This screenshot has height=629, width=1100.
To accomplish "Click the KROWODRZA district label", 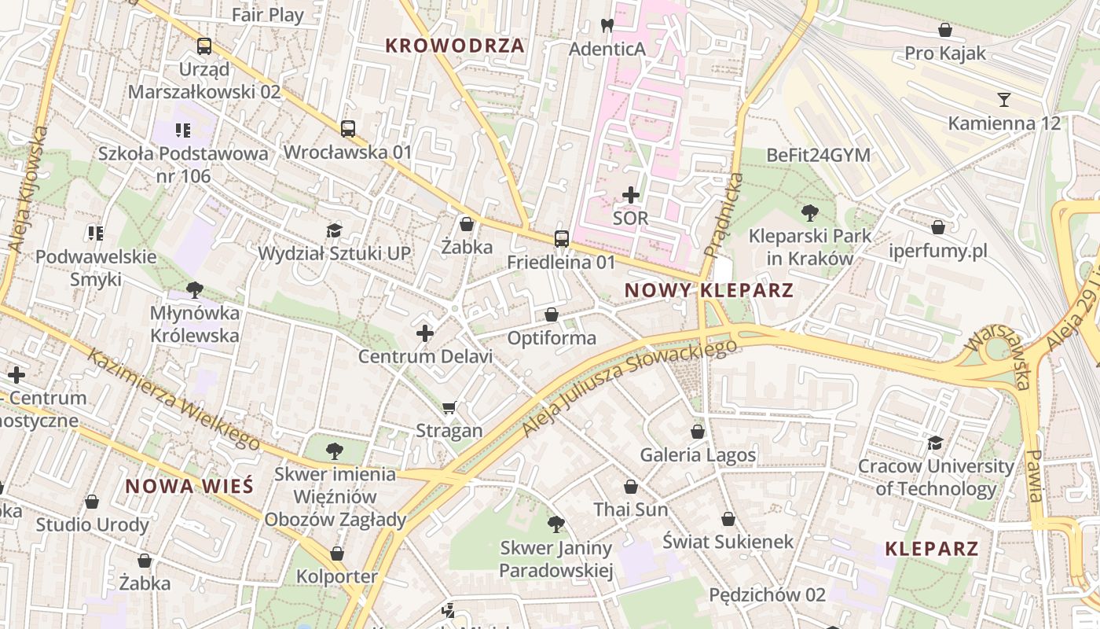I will coord(455,46).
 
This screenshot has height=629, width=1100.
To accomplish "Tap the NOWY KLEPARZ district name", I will coord(709,290).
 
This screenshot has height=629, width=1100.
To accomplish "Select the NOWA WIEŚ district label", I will coord(189,486).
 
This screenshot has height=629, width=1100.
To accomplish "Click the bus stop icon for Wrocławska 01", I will coord(347,128).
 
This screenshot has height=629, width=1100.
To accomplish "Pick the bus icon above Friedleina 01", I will coord(561,238).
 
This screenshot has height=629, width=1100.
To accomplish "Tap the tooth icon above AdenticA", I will coord(607,25).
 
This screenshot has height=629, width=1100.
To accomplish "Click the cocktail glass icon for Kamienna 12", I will coord(1003,100).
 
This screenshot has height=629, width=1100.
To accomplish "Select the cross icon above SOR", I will coord(630,194).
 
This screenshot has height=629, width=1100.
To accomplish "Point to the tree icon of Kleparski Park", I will coord(809,212).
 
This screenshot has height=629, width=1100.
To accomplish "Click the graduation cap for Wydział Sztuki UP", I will coord(335,230).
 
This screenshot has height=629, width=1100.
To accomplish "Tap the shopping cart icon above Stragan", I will coord(449,407).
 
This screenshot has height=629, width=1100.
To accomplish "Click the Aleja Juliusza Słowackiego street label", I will coord(629,388).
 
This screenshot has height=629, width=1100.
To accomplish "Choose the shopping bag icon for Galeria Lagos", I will coord(697,432).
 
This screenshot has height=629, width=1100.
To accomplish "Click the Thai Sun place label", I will coord(631,509).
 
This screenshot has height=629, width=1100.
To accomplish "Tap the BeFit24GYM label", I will coord(818,156).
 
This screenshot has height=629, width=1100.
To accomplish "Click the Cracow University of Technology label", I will coord(935,477).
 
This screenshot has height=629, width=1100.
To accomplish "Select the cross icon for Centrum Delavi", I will coord(425,333).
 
